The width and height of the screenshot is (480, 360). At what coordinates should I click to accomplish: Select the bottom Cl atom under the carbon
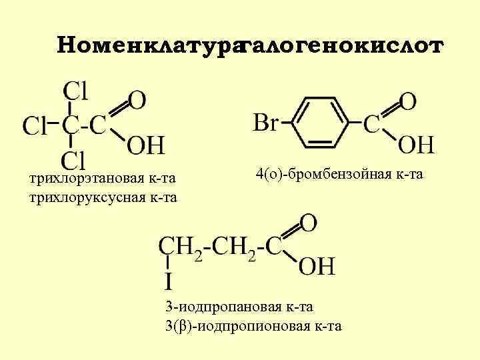tap(74, 159)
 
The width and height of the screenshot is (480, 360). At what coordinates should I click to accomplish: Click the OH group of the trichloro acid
tap(145, 145)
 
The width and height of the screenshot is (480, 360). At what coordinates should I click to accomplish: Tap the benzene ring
tap(322, 123)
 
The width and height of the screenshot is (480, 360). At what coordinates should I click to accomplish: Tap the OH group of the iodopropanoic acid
tap(316, 267)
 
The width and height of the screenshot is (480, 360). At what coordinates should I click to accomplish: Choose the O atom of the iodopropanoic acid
tap(309, 223)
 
